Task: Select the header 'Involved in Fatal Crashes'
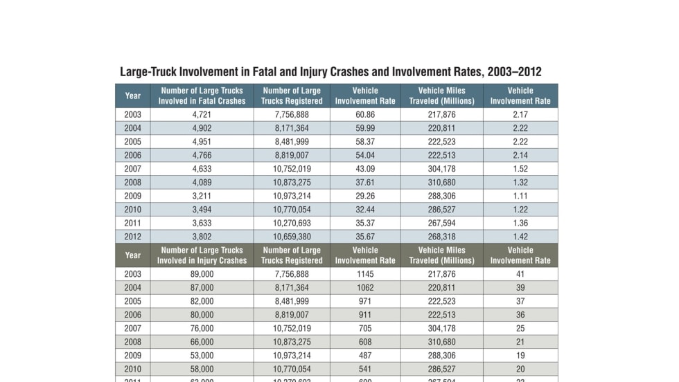[x=202, y=101]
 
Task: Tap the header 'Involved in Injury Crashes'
[x=202, y=261]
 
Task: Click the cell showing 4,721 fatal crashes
[x=202, y=115]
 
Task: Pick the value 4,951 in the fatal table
[x=202, y=142]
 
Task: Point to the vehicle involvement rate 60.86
[x=365, y=115]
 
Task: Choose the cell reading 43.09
[x=365, y=169]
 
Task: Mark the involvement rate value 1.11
[x=520, y=196]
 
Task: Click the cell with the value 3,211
[x=202, y=196]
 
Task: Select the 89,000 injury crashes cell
[x=202, y=275]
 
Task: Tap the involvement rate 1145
[x=365, y=275]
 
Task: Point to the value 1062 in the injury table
[x=365, y=288]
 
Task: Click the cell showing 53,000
[x=202, y=356]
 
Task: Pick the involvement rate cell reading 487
[x=365, y=356]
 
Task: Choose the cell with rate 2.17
[x=520, y=115]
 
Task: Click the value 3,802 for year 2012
[x=202, y=236]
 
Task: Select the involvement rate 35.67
[x=365, y=236]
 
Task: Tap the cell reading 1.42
[x=520, y=236]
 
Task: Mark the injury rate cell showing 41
[x=520, y=275]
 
